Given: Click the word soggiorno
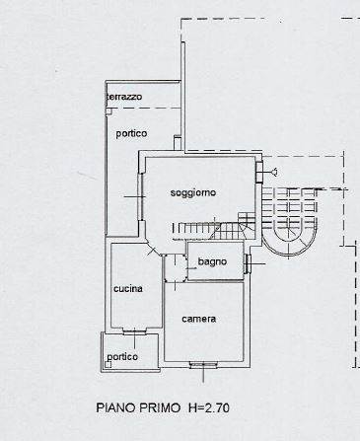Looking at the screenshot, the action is click(193, 192).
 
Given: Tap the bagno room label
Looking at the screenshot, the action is click(212, 261).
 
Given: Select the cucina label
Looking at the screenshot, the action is click(128, 289).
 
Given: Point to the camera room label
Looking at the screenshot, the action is click(199, 319).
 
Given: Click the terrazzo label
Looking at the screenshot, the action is click(125, 97).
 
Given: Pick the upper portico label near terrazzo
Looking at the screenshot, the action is click(131, 134).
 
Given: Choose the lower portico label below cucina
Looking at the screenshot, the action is click(122, 357).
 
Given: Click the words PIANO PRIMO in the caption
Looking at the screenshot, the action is click(138, 407).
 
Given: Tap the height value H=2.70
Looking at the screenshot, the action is click(209, 407).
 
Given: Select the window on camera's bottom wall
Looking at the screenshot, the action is click(203, 364).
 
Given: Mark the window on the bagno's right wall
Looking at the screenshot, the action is click(248, 263).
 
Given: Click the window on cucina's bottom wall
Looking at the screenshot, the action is click(134, 331).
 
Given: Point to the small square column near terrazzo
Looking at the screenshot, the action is click(108, 111).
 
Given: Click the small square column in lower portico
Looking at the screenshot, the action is click(108, 364).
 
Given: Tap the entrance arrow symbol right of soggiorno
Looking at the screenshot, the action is click(273, 172).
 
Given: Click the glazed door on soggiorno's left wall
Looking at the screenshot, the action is click(141, 196).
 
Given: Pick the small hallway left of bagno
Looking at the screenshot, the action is click(176, 268).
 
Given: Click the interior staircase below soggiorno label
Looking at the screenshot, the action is click(214, 227).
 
